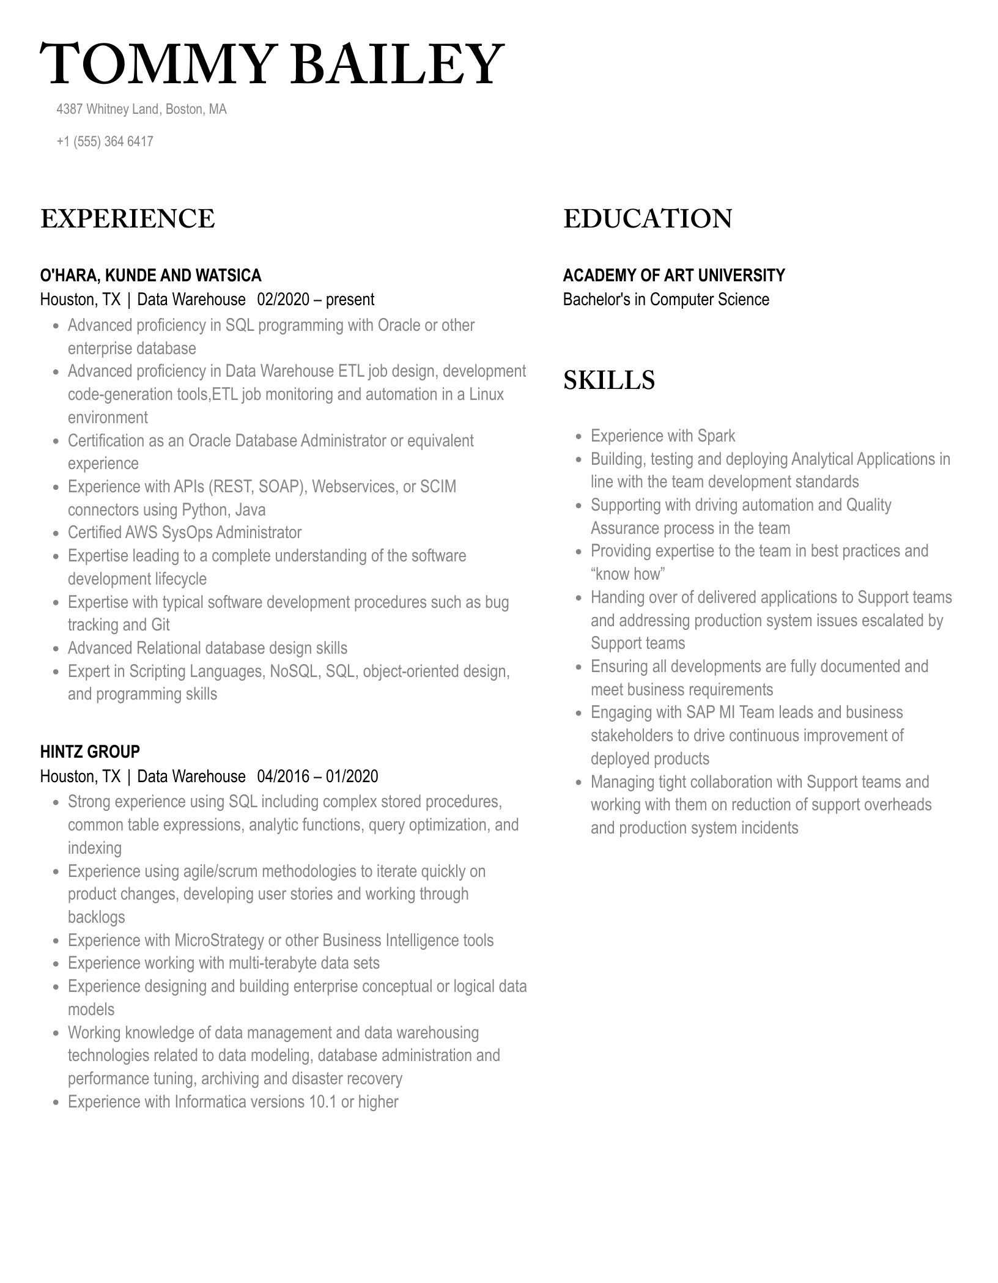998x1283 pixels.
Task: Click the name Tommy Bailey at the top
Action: point(272,64)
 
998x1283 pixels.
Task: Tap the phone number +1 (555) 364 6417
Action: point(105,141)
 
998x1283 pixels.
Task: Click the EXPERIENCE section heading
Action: point(128,219)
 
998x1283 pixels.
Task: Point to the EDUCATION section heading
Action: point(648,219)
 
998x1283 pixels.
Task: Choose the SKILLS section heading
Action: point(609,380)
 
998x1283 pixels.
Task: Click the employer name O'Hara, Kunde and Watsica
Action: point(150,276)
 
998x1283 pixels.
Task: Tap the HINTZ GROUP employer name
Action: point(90,752)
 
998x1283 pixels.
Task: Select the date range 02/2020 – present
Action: point(316,300)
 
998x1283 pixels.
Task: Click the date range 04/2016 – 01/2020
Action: point(317,777)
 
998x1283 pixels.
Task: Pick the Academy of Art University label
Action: point(674,276)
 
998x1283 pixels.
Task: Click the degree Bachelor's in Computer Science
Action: point(666,300)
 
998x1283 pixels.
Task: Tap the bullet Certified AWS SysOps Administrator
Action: point(185,533)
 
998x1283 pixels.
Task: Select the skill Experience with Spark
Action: point(663,436)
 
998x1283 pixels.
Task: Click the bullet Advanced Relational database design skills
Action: point(207,648)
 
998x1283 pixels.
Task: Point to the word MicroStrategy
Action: point(219,941)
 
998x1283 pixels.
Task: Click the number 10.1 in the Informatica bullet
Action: point(322,1102)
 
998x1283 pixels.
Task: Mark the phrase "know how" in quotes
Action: point(627,574)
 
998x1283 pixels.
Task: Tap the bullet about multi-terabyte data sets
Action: point(224,963)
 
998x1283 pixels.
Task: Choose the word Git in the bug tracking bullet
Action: point(160,625)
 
